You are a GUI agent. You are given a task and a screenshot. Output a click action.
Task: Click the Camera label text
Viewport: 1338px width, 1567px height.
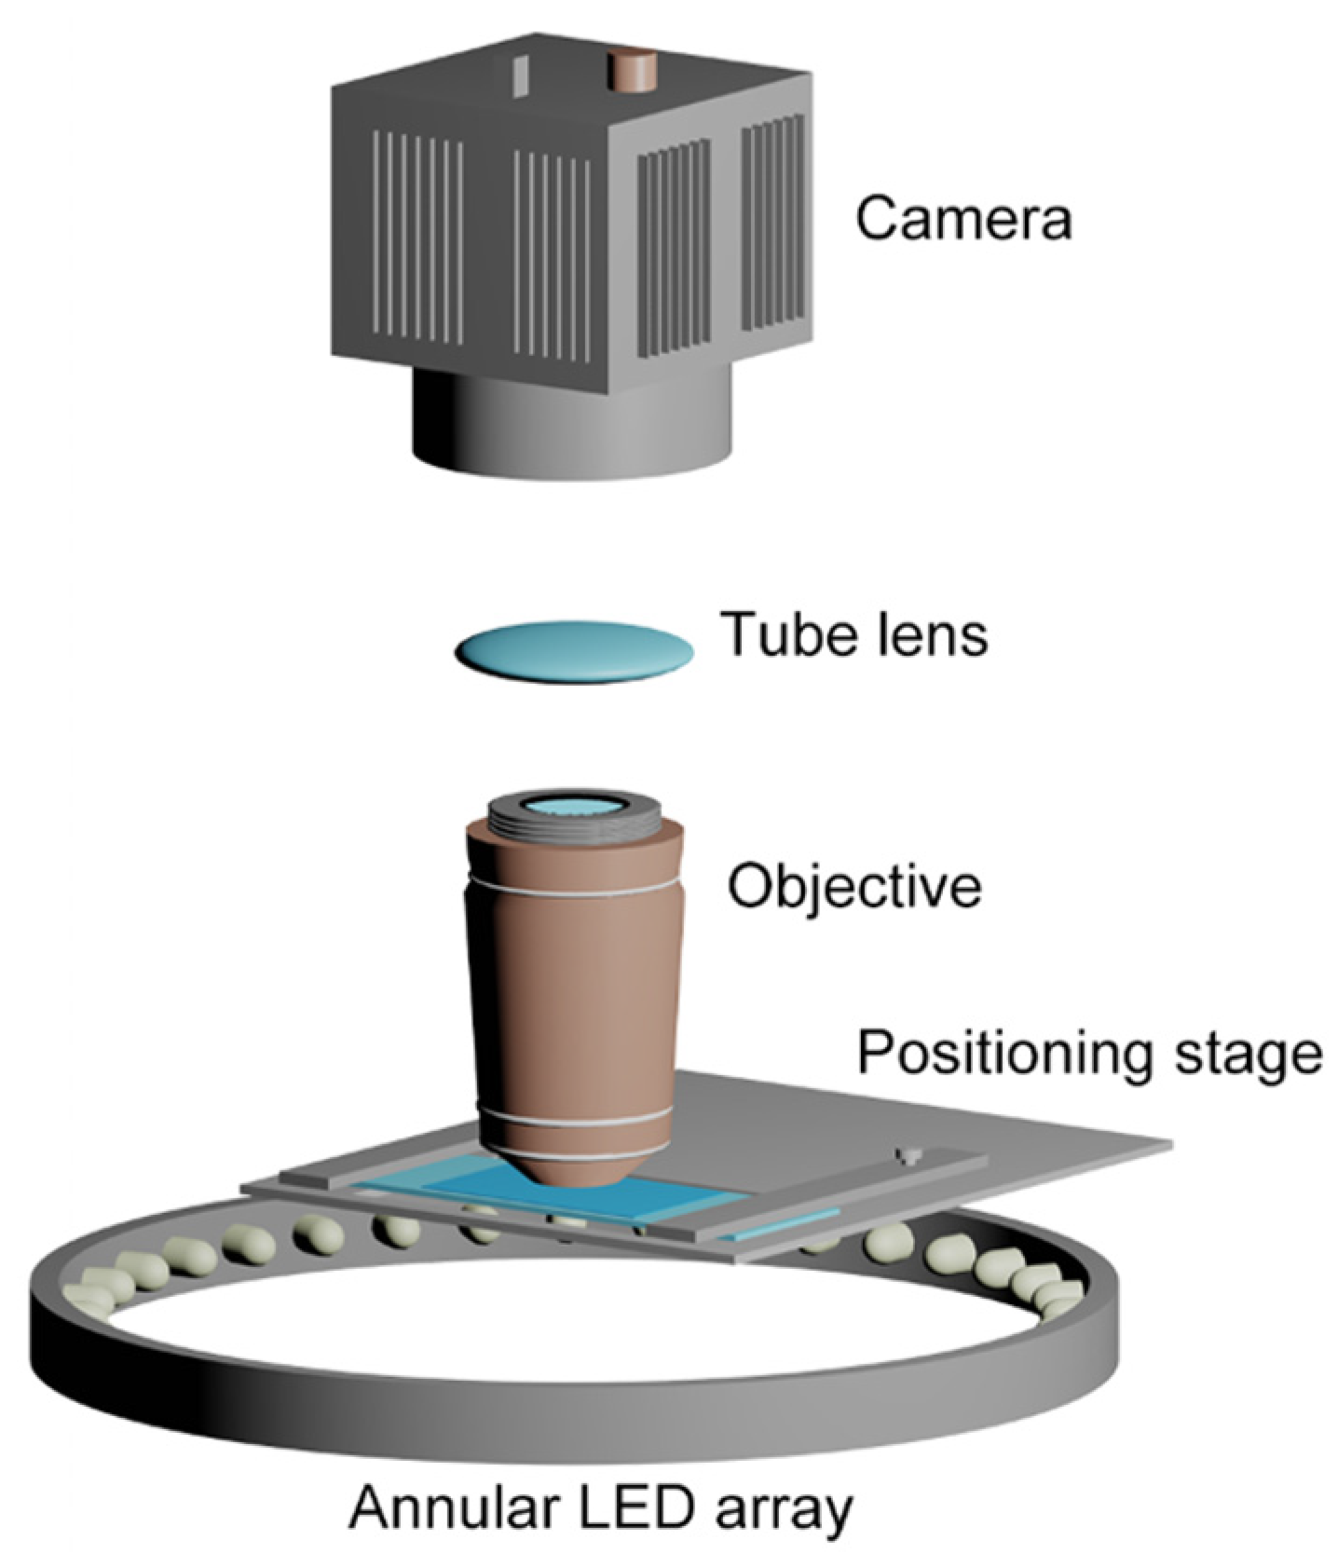pos(963,219)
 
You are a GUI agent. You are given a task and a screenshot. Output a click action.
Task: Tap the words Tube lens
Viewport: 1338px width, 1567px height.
pos(854,634)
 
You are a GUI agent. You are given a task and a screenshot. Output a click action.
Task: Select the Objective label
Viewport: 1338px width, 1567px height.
pos(853,886)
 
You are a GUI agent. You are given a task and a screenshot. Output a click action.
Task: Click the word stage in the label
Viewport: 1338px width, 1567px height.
pos(1256,1054)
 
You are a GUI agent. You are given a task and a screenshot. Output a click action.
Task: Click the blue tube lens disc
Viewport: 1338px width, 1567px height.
pos(574,650)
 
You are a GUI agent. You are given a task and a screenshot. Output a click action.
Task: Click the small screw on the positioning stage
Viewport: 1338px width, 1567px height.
pos(908,1156)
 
